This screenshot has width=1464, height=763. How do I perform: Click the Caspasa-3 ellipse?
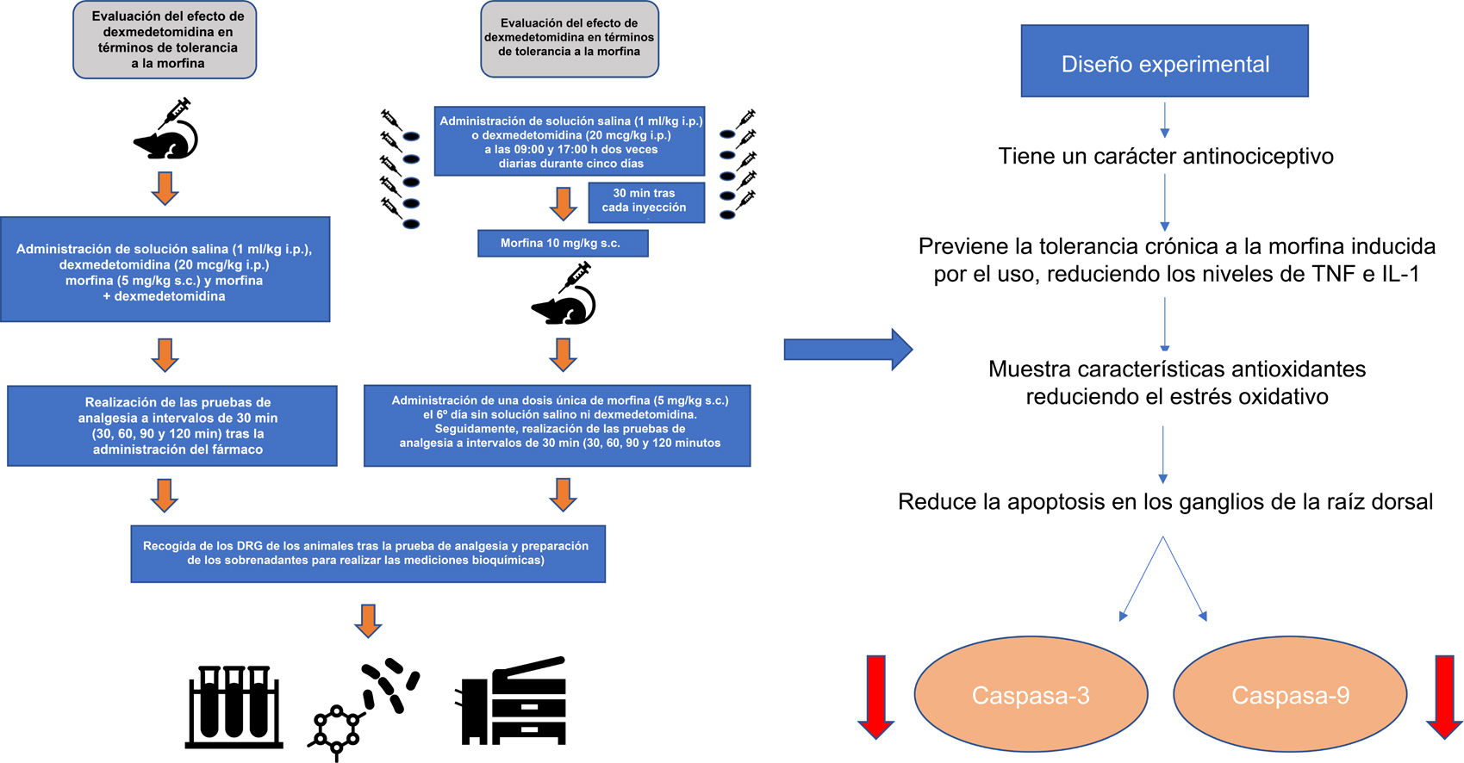pos(1031,694)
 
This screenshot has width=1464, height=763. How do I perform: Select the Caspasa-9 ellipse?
pos(1290,694)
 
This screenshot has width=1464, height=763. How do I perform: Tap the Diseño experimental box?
pos(1164,61)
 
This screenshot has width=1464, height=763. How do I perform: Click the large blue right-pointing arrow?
pos(847,349)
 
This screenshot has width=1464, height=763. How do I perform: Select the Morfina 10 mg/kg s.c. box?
pos(562,244)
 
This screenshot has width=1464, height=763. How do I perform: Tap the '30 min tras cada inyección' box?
pos(645,202)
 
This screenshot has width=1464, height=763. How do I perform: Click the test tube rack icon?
pos(234,705)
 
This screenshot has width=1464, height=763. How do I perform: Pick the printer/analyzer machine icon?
pos(514,702)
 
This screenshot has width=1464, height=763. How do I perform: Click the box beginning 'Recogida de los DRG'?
pos(367,554)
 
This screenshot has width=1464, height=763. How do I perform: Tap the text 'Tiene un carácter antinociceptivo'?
pos(1165,156)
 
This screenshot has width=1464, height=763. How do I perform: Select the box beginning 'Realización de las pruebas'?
pos(172,426)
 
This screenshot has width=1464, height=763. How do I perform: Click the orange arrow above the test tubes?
pos(368,620)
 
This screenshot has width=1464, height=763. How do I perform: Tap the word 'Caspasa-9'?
pos(1290,695)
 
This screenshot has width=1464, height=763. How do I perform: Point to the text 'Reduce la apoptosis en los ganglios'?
pos(1165,502)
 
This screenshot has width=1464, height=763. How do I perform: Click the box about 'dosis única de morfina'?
pos(558,425)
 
